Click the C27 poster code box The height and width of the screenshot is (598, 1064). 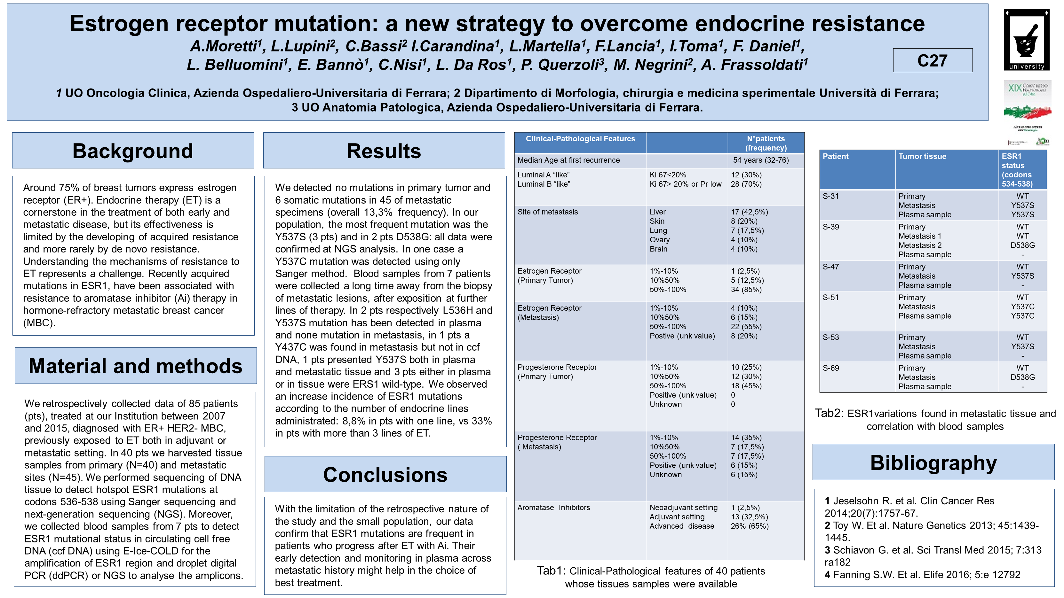(x=932, y=60)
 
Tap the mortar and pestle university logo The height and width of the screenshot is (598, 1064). (x=1027, y=40)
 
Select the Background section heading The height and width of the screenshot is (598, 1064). (x=133, y=151)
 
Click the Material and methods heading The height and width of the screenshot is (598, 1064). (x=135, y=366)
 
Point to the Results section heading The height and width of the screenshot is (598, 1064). (x=384, y=151)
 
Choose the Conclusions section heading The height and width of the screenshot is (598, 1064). (x=385, y=475)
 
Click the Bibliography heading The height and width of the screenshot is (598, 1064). (x=933, y=462)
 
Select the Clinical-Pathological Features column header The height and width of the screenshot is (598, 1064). (x=580, y=139)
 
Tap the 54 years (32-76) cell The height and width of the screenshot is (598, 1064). (x=760, y=160)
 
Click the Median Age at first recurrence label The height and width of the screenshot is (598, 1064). (x=568, y=160)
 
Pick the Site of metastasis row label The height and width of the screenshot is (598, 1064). (x=547, y=212)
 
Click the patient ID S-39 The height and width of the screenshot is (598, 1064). (x=831, y=227)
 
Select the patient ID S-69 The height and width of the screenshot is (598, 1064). (x=831, y=368)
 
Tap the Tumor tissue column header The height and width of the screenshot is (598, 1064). (x=922, y=156)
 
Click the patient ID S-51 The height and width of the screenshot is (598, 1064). (x=831, y=298)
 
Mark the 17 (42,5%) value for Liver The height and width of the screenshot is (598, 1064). (x=749, y=212)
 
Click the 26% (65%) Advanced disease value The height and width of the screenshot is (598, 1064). (x=749, y=526)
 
